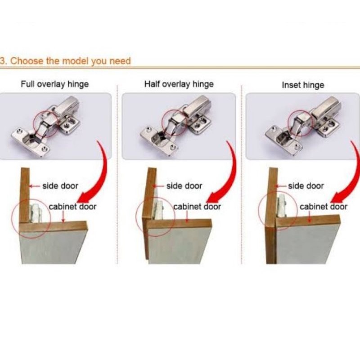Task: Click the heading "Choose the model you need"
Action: coord(70,61)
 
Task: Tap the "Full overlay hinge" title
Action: coord(54,84)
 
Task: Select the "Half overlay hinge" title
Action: coord(179,84)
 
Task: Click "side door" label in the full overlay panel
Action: coord(60,186)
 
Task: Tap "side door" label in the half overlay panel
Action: coord(184,186)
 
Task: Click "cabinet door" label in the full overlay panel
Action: coord(72,207)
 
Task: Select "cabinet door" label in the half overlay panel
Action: coord(197,207)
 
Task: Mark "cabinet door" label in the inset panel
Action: coord(324,207)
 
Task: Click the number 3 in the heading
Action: coord(2,61)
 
